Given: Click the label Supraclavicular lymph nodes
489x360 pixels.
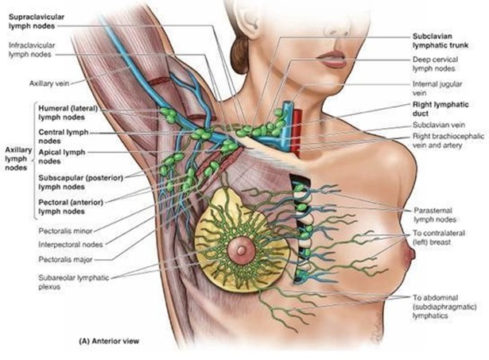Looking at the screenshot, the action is tap(37, 21).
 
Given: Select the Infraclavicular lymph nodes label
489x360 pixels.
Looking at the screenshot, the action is tap(32, 50).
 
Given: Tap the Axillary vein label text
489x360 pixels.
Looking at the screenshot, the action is tap(49, 83).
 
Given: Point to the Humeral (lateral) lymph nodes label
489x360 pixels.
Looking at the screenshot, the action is tap(68, 113).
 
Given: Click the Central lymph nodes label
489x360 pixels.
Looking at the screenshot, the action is tap(64, 137).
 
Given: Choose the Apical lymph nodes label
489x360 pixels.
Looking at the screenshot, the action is tap(62, 157).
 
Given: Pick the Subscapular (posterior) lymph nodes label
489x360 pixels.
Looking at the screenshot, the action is tap(81, 182).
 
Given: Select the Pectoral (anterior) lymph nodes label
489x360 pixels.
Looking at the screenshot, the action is tap(71, 207).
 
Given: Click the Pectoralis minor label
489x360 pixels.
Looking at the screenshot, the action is tap(65, 231).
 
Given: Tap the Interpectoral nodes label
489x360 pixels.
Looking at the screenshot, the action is tap(71, 245).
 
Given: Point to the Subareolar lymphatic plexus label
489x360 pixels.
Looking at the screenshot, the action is tap(74, 282).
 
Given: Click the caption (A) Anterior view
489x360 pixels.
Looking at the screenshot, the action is tap(109, 341).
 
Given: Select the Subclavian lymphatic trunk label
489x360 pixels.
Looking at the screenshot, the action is tap(440, 41).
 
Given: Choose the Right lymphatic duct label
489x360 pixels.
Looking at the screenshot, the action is tap(440, 109).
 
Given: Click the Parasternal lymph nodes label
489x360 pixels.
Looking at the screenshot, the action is tap(435, 215).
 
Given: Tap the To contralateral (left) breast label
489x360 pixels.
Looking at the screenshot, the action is tap(439, 238).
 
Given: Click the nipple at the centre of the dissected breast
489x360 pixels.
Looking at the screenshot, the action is tap(241, 250).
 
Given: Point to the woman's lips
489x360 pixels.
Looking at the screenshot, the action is tap(331, 60).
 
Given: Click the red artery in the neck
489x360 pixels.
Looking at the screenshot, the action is tap(297, 132).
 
